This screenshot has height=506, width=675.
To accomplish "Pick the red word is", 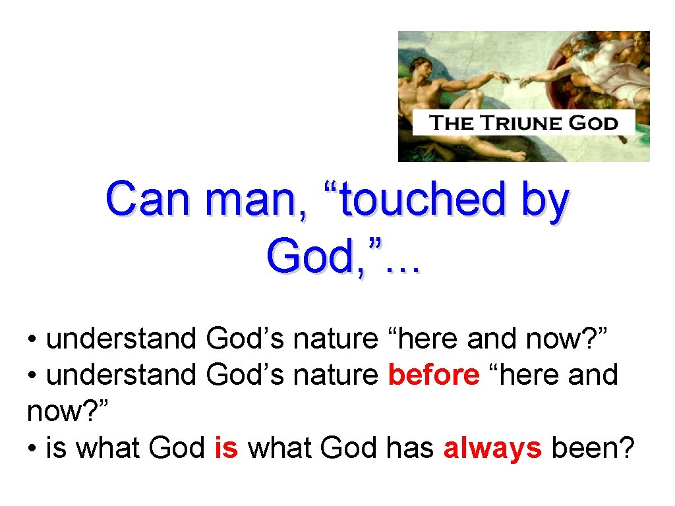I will click(x=226, y=449).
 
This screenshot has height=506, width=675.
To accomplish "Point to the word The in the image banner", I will click(x=451, y=123).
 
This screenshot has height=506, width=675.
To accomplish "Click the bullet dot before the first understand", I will click(x=32, y=339).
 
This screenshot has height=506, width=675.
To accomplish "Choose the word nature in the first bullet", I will click(x=335, y=339).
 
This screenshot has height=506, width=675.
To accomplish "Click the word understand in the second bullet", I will click(x=121, y=375).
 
